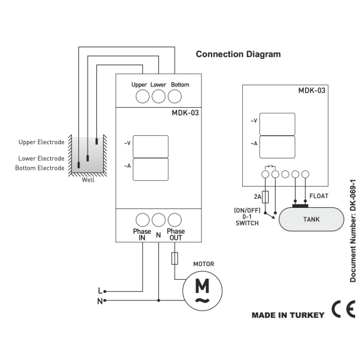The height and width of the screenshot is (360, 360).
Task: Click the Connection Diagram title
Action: click(238, 54)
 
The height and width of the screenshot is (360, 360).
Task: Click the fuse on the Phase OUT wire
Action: click(175, 259)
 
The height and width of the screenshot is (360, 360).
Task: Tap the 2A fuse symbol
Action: click(265, 197)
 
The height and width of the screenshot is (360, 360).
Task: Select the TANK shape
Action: click(311, 219)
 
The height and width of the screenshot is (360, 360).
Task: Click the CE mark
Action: click(344, 309)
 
